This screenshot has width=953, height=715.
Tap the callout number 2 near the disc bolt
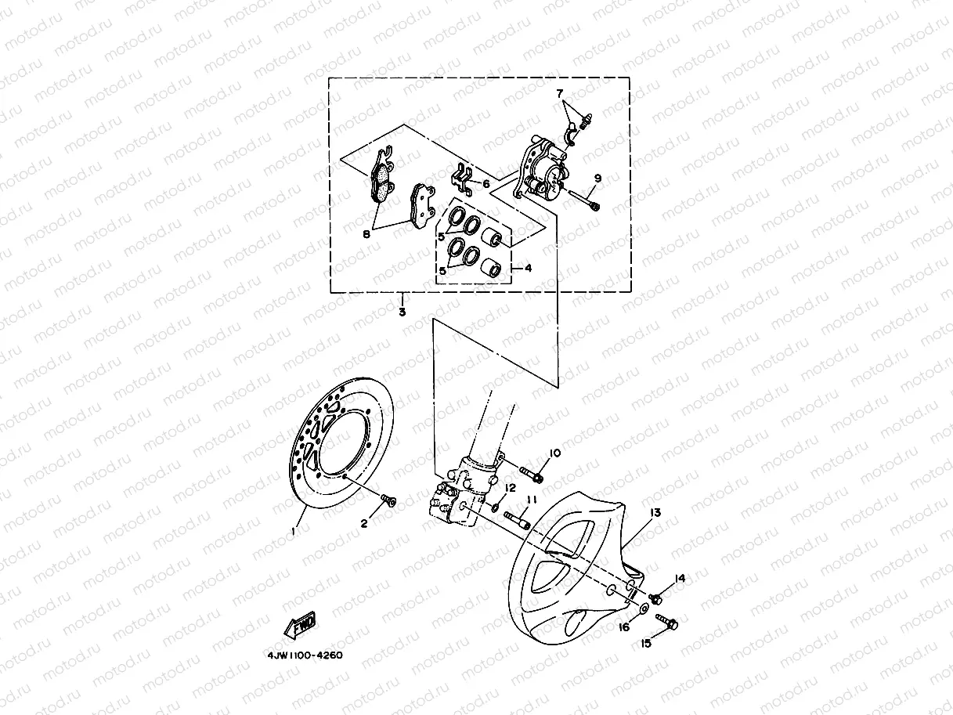coord(364,524)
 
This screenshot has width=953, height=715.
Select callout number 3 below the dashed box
coord(402,312)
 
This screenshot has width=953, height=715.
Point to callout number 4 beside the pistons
coord(528,268)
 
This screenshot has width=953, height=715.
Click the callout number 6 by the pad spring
coord(486,183)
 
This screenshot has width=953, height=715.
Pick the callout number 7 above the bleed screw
coord(560,93)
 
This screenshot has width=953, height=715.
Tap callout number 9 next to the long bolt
coord(597,179)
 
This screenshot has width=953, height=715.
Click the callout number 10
coord(554,453)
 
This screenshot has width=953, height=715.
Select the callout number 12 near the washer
coord(511,488)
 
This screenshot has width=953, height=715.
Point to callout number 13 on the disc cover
coord(655,512)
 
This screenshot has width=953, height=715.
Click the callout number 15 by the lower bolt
coord(646,644)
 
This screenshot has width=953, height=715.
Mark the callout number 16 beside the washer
coord(624,627)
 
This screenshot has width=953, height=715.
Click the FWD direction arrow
coord(300,627)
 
